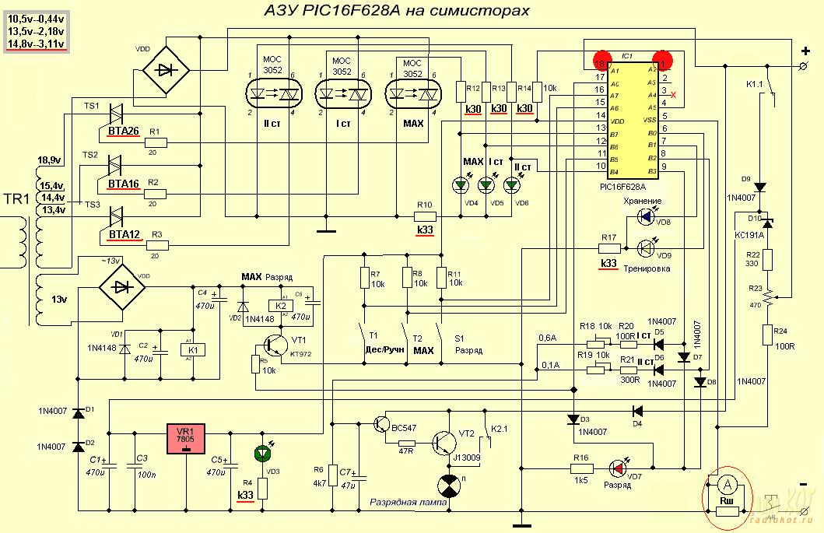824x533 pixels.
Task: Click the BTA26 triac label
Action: (124, 131)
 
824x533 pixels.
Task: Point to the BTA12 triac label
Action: (124, 234)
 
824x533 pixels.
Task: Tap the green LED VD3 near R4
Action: (263, 454)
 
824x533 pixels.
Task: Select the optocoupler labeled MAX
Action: (413, 93)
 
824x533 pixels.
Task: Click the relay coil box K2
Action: (280, 306)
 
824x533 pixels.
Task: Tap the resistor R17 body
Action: (609, 249)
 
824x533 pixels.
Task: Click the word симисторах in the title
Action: (479, 11)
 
